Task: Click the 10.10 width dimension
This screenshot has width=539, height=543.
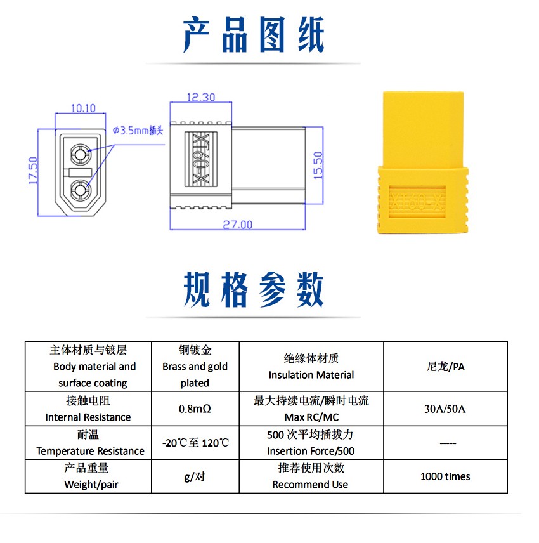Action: point(83,108)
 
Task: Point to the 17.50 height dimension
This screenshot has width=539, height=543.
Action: point(33,171)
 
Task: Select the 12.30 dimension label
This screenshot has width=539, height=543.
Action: point(201,97)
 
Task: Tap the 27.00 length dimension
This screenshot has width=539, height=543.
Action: point(238,225)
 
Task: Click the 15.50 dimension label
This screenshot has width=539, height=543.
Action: point(318,165)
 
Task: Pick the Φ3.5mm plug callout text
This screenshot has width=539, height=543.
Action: point(138,131)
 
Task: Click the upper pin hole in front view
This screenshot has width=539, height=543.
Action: point(81,154)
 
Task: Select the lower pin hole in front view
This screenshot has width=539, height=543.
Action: point(81,190)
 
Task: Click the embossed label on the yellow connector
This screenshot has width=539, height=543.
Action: point(417,202)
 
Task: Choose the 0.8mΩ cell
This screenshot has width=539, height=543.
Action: point(195,409)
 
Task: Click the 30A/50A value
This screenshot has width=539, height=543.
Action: point(445,409)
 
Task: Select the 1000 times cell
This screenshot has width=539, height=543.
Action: point(445,476)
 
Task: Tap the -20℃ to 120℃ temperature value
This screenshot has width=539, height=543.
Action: point(195,443)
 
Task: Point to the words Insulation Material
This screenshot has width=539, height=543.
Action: point(311,375)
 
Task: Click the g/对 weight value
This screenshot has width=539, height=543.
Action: point(195,477)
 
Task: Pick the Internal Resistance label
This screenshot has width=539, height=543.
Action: point(88,417)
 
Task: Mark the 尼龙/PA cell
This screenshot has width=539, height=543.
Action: point(446,367)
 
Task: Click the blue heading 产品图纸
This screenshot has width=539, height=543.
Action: point(253,35)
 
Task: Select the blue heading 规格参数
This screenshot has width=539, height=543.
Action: point(253,289)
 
